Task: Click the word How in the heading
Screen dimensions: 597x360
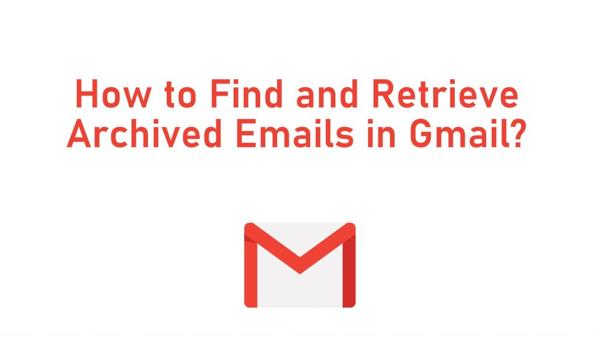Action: pos(114,94)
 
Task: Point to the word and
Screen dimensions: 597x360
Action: pos(327,94)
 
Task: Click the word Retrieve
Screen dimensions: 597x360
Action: pos(445,94)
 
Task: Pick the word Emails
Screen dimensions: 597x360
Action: pos(294,134)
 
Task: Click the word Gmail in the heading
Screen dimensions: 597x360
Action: pos(459,134)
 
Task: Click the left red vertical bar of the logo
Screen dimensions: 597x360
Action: pos(251,271)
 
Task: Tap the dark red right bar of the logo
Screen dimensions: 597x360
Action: pos(349,271)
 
